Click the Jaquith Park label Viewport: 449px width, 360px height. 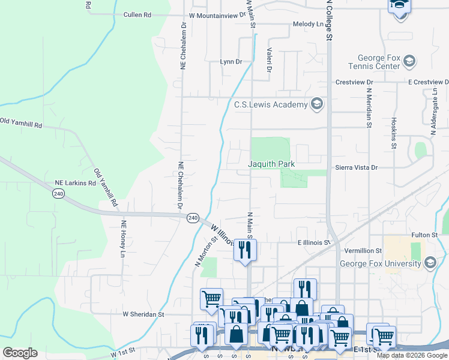(271, 163)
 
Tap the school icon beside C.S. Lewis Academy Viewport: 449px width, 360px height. (317, 104)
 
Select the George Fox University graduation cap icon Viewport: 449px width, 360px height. (430, 263)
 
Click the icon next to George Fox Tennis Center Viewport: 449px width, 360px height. (409, 61)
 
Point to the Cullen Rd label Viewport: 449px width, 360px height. (137, 14)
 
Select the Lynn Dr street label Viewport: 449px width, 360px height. (231, 62)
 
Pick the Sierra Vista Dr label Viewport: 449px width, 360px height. (356, 168)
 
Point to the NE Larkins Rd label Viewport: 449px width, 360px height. (76, 182)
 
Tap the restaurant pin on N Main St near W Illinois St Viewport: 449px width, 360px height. (245, 251)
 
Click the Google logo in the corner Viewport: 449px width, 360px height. (20, 352)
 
